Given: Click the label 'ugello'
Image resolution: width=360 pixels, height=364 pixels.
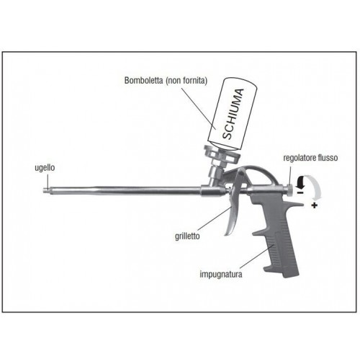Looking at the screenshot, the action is [x=45, y=168].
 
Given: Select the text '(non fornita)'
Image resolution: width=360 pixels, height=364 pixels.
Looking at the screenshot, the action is [x=186, y=81].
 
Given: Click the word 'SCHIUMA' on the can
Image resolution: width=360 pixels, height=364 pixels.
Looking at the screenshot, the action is [x=233, y=114].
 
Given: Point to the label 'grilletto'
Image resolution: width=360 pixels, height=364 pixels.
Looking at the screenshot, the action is [x=187, y=236].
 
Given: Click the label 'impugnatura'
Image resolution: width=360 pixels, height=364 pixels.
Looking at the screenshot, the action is [x=221, y=274].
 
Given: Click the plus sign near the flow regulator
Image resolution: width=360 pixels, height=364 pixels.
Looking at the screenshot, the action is [x=314, y=205].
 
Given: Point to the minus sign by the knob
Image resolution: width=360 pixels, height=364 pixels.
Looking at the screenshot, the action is [x=300, y=192].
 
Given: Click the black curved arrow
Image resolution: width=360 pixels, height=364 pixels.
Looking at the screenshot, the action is [x=300, y=181].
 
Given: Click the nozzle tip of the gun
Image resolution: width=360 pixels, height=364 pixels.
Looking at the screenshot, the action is [x=45, y=190].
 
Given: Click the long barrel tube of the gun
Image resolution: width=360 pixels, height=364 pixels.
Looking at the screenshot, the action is [x=124, y=190].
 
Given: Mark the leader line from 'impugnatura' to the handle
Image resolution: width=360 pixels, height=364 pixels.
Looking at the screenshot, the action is [x=257, y=256].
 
